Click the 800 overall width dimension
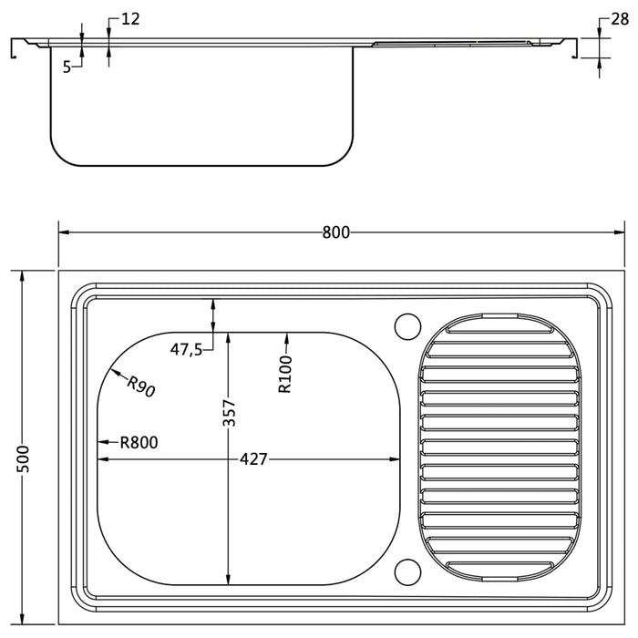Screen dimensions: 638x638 tap(335, 232)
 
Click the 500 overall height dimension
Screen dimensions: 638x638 tap(24, 458)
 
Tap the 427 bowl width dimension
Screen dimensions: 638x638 tap(253, 459)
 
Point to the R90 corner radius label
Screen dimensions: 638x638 tap(141, 386)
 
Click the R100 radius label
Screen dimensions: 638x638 tap(285, 374)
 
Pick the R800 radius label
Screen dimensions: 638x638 tap(139, 443)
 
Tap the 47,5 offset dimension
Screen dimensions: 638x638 tap(186, 349)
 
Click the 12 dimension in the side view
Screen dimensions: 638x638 tap(129, 19)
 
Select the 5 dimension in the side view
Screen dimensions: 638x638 tap(67, 66)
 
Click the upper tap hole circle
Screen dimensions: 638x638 tap(406, 325)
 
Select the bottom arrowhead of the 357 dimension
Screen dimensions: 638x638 tap(229, 579)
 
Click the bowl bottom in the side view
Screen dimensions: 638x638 tap(201, 166)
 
